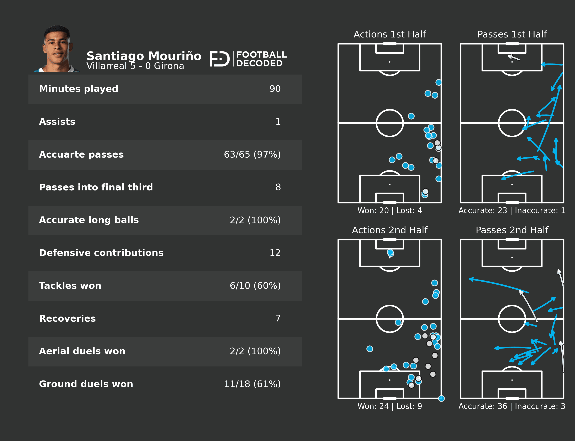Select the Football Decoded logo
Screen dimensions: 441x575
248,59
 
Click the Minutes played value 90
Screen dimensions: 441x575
275,89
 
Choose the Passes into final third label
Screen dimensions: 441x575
96,187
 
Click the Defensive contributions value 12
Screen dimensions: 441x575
275,253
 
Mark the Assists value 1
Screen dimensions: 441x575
278,122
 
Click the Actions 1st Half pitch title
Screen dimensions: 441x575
390,34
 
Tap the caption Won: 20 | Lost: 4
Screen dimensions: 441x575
390,210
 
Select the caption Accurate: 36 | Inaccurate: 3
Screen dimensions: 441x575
512,406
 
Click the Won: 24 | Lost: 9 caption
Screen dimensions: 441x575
390,406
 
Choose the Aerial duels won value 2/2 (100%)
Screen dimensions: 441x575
255,351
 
